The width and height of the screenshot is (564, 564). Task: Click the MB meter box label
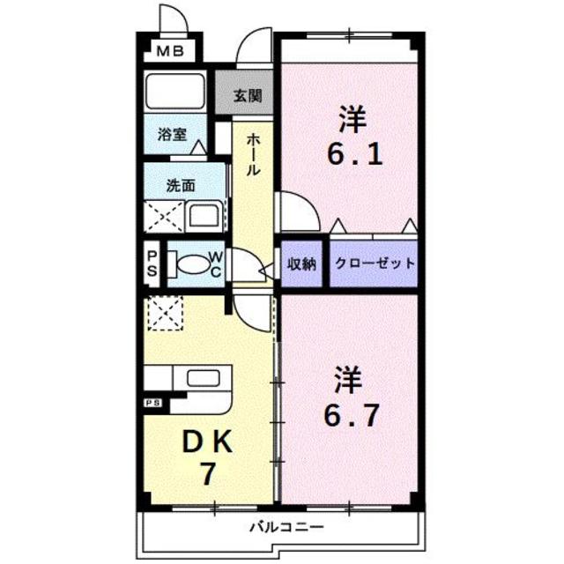click(x=170, y=52)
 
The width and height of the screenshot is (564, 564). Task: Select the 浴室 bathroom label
click(x=172, y=134)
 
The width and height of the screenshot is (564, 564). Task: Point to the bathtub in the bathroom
click(x=174, y=92)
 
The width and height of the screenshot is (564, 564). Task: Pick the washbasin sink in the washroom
click(x=205, y=215)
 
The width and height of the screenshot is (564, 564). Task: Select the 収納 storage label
click(x=302, y=263)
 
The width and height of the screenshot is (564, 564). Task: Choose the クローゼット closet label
click(x=374, y=263)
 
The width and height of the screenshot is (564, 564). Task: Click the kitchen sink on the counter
click(x=202, y=380)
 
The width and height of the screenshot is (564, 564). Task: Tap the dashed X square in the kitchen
click(x=164, y=313)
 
